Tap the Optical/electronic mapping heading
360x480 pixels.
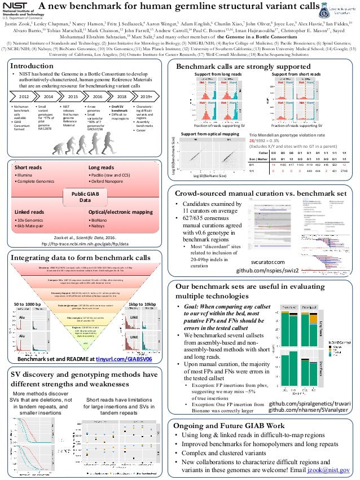(x=120, y=212)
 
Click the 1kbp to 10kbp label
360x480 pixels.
(x=143, y=305)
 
